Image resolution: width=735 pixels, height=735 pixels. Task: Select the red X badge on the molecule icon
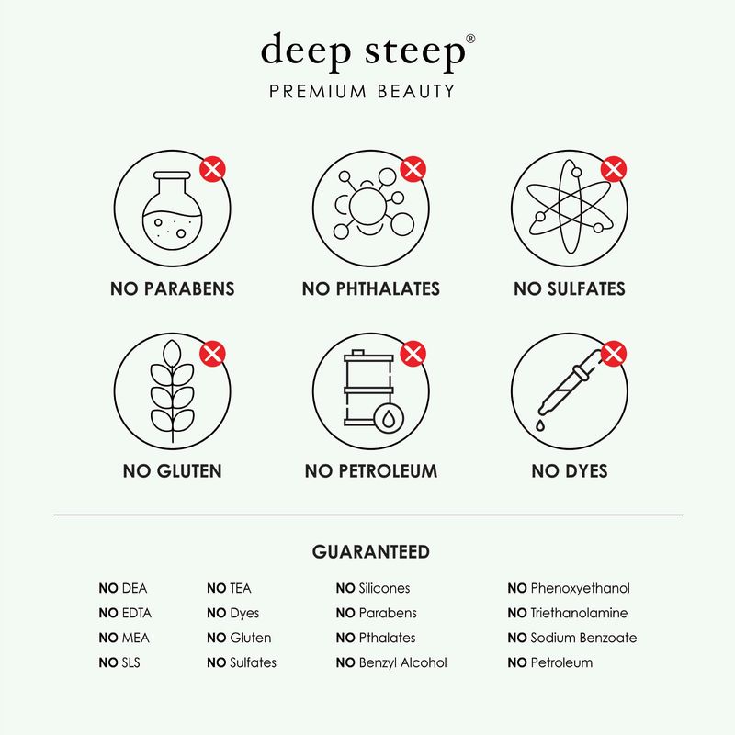(413, 168)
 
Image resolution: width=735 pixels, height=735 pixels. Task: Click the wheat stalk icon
(173, 390)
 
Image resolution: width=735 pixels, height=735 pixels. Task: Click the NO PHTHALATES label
(370, 288)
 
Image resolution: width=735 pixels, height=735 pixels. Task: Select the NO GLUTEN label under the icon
(173, 471)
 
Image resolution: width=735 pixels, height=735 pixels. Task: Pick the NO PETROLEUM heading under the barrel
(370, 471)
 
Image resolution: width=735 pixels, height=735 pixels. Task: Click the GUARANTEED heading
(370, 552)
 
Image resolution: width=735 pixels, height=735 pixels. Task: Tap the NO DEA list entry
(122, 588)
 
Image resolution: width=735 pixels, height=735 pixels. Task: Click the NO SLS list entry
(119, 662)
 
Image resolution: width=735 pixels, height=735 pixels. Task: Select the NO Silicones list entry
(372, 588)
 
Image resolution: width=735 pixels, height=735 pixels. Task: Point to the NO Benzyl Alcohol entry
(390, 662)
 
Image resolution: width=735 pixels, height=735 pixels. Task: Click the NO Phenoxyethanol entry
(568, 588)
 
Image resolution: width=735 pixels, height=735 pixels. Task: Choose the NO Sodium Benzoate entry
(571, 638)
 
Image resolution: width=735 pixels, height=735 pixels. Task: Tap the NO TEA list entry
(229, 588)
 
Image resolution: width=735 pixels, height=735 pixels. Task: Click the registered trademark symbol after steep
(470, 39)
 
